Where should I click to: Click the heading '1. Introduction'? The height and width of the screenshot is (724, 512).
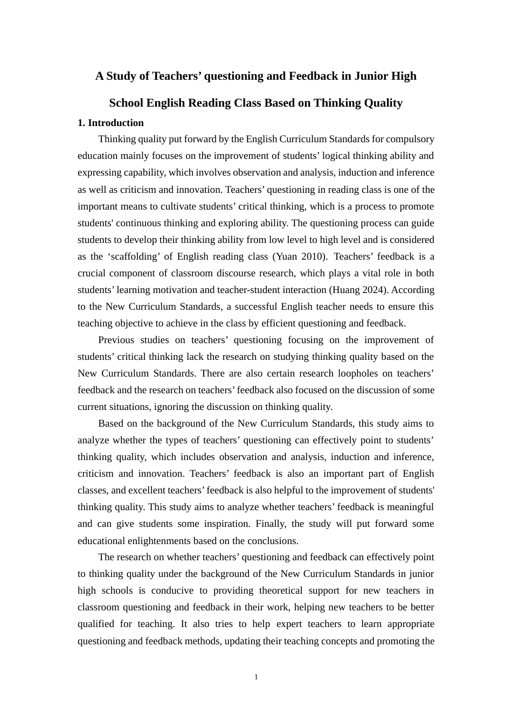tap(110, 123)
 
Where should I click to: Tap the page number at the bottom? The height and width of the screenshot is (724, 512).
tap(256, 677)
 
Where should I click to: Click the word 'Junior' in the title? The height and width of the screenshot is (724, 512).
tap(369, 76)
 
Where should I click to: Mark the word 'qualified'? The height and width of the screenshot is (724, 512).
tap(96, 624)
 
